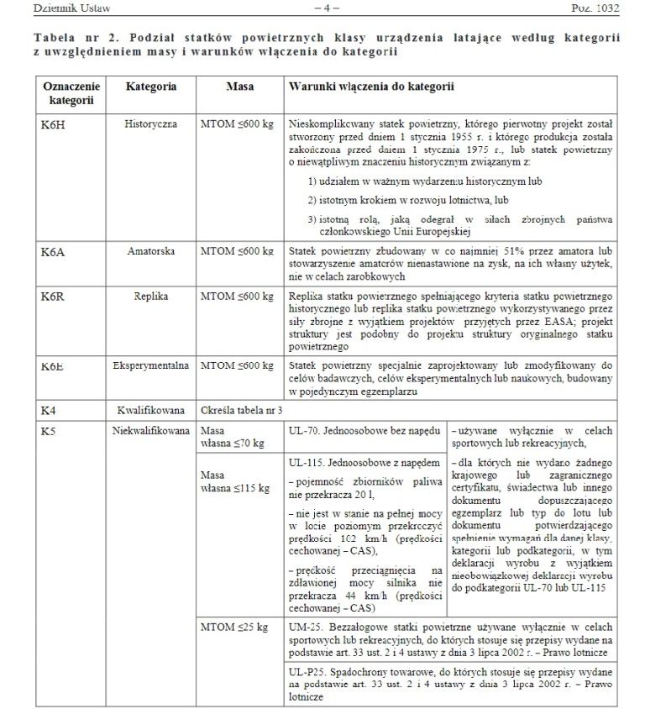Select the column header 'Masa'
240,86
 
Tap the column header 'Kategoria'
151,86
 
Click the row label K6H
53,123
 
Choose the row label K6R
53,297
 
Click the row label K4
49,410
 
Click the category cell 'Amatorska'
151,251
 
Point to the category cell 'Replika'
151,297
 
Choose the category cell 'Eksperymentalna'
151,366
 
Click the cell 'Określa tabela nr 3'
243,410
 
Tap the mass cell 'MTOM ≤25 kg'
234,627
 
